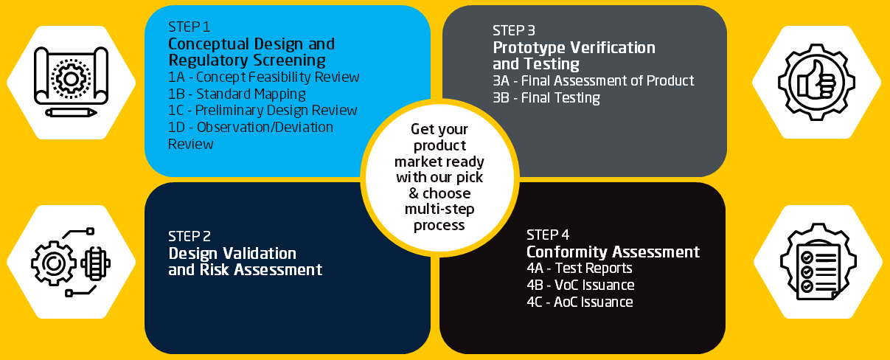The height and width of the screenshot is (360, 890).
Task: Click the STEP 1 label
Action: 190,27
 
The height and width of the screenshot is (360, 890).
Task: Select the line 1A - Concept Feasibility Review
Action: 264,77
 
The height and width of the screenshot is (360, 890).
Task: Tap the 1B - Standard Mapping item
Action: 237,94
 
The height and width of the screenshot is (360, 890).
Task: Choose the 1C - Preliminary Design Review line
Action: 263,111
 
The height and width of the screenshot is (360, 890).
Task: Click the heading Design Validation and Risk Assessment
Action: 245,261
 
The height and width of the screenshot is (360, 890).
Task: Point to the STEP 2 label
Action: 190,237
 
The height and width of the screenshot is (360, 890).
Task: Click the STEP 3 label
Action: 514,31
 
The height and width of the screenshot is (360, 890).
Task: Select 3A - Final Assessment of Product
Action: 593,81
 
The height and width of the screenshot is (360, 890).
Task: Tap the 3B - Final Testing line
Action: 546,98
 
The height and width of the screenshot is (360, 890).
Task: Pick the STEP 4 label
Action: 548,235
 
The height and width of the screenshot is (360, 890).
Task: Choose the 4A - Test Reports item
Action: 579,269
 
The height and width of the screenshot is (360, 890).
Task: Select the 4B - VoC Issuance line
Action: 580,285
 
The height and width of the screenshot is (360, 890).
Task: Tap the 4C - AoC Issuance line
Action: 580,302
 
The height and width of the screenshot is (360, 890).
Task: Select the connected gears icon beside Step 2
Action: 69,262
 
